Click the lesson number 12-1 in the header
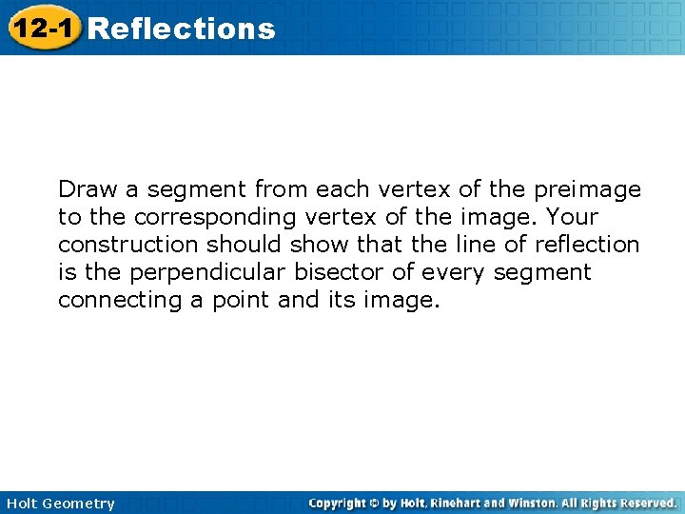[42, 29]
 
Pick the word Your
[572, 217]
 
